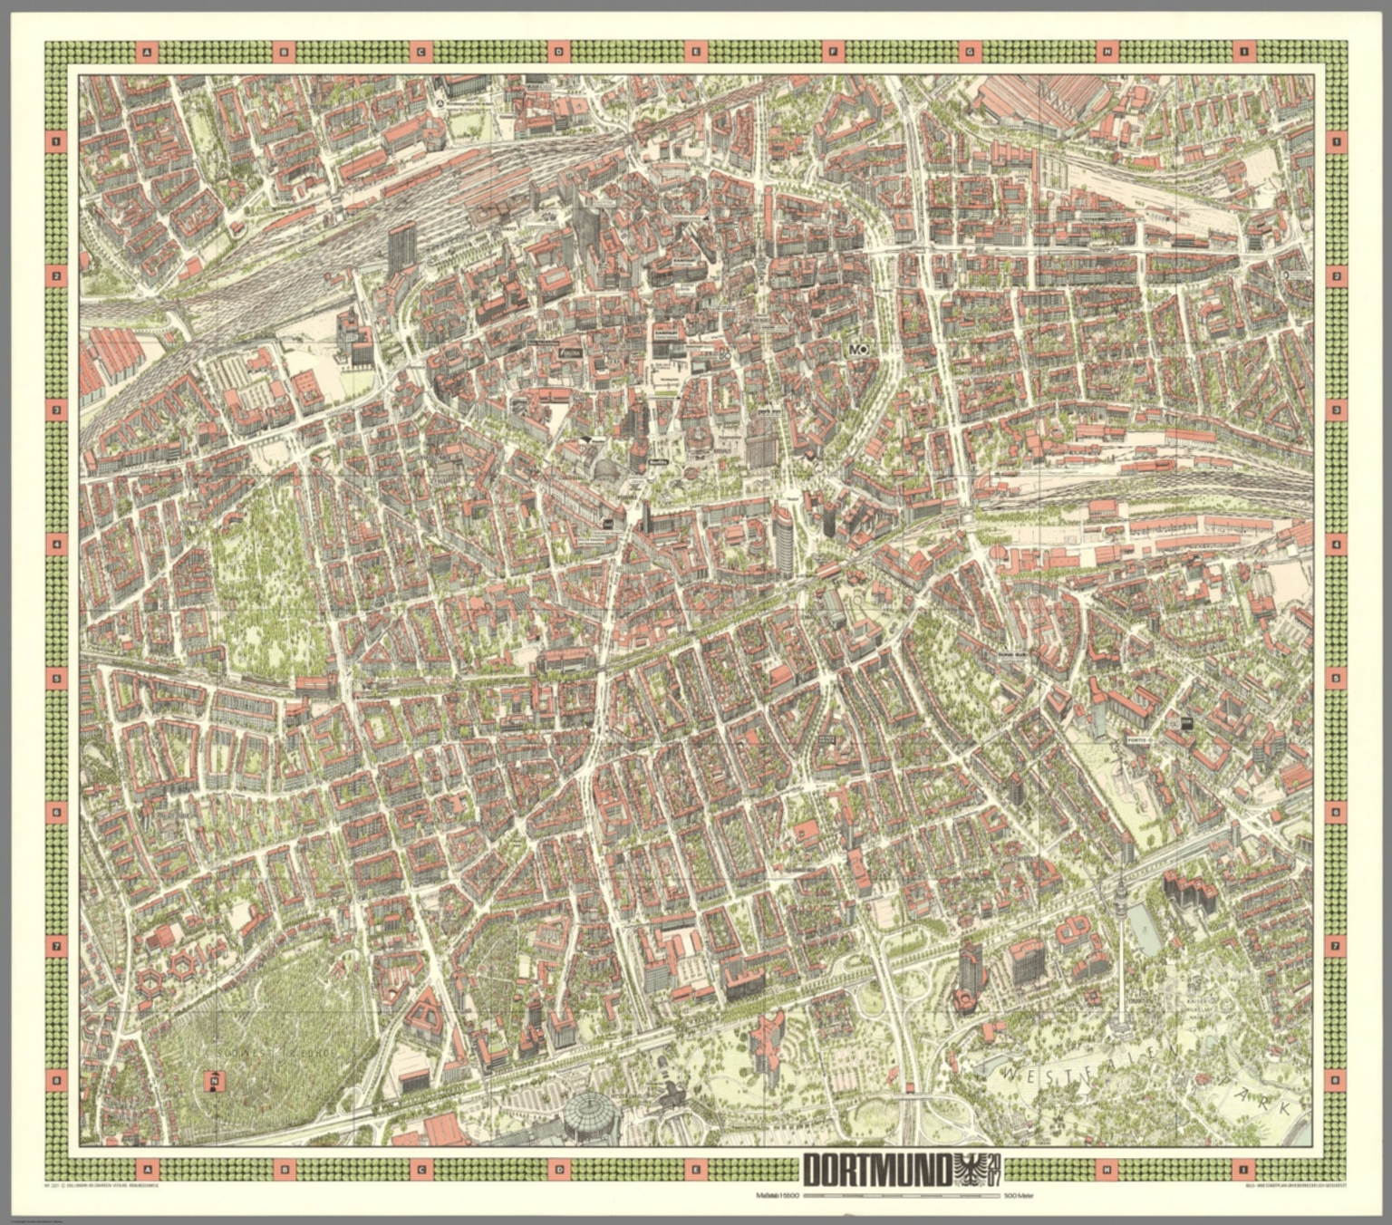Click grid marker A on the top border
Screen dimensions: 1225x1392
[146, 53]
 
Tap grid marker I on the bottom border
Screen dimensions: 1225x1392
[1244, 1169]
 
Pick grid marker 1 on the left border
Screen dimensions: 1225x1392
[57, 141]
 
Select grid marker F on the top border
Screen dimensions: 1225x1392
[833, 53]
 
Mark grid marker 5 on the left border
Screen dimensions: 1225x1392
[57, 678]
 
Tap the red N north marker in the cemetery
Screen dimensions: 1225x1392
[214, 1080]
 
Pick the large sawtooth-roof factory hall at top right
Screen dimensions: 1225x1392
[1042, 95]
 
